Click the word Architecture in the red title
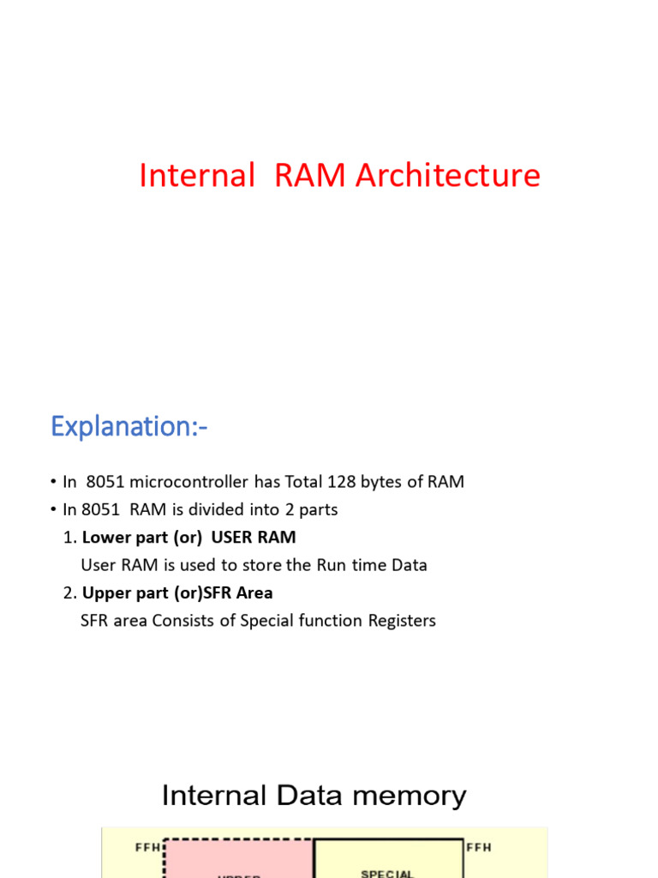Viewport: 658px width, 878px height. [448, 176]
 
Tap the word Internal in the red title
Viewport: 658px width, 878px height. [197, 176]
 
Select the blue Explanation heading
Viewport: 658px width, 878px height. [129, 426]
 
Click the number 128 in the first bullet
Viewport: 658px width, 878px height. [344, 482]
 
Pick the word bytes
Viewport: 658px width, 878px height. [382, 482]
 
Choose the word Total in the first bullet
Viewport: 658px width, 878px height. [306, 482]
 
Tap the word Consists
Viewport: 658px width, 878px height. [184, 621]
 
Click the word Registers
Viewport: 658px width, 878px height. [401, 621]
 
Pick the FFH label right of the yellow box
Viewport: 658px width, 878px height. [479, 848]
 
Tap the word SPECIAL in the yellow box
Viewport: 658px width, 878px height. [387, 874]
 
